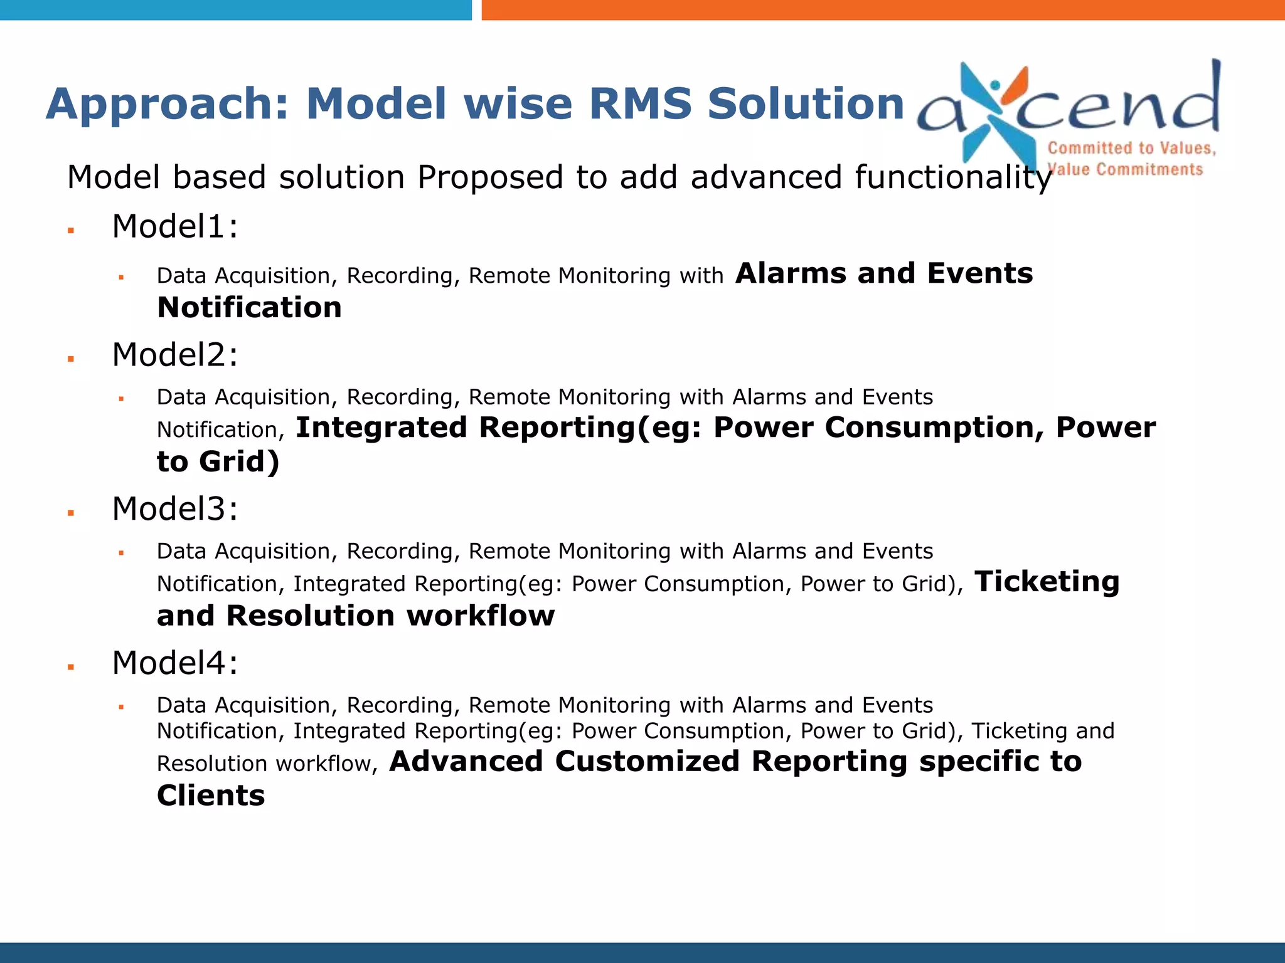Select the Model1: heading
pyautogui.click(x=175, y=226)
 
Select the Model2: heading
pyautogui.click(x=175, y=355)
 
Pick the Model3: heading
pyautogui.click(x=175, y=508)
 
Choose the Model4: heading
pyautogui.click(x=175, y=663)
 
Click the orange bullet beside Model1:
pyautogui.click(x=72, y=231)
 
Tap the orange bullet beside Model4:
pyautogui.click(x=72, y=667)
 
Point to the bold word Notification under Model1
pyautogui.click(x=249, y=308)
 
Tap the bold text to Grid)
pyautogui.click(x=218, y=462)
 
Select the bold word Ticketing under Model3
pyautogui.click(x=1047, y=582)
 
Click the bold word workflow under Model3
pyautogui.click(x=481, y=616)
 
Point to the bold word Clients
pyautogui.click(x=211, y=796)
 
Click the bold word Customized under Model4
pyautogui.click(x=647, y=761)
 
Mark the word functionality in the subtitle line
pyautogui.click(x=871, y=177)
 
